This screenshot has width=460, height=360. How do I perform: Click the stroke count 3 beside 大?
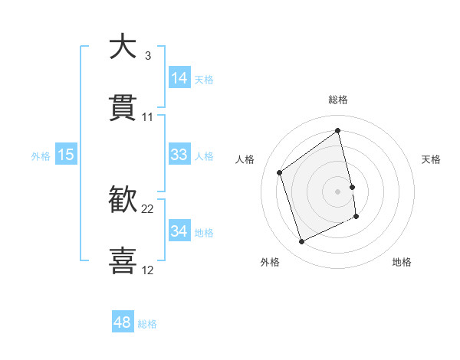click(x=147, y=56)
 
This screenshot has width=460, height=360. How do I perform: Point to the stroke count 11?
click(x=148, y=117)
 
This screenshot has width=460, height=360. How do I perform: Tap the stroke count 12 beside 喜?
click(x=148, y=270)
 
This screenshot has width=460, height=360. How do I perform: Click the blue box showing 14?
click(x=179, y=78)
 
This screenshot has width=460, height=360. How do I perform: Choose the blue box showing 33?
click(x=179, y=155)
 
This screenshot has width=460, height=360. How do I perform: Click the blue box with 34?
click(x=179, y=231)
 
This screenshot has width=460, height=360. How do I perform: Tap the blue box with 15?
click(x=66, y=155)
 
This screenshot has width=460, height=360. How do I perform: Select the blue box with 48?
click(x=123, y=322)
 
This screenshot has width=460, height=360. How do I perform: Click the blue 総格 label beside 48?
click(x=147, y=324)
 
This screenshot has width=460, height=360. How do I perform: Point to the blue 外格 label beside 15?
click(x=41, y=156)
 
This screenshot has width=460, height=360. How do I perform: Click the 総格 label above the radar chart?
click(x=338, y=100)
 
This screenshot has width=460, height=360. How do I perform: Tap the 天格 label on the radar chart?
click(x=432, y=159)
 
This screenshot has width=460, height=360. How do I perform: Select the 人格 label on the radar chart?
click(x=245, y=159)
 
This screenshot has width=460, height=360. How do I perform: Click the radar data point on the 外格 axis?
click(x=301, y=242)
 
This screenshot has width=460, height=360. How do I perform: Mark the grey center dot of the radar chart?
click(x=338, y=191)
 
